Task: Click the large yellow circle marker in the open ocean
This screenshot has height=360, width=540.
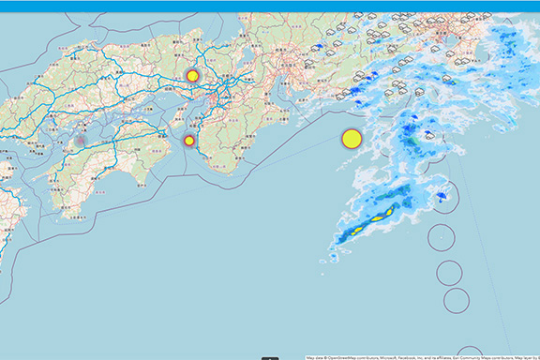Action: [x=352, y=139]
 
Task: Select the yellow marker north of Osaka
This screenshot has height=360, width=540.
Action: [x=192, y=76]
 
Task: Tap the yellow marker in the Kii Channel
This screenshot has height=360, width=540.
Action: [x=189, y=141]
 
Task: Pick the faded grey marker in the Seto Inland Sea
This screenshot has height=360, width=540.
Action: [x=80, y=141]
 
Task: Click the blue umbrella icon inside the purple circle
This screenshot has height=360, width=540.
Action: [x=441, y=196]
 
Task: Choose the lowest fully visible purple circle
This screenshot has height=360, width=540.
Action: [x=457, y=301]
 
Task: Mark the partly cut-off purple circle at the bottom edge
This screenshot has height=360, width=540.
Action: [x=470, y=353]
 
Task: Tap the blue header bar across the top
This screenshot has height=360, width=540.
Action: [x=270, y=6]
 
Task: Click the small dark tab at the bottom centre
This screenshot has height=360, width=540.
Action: [x=270, y=357]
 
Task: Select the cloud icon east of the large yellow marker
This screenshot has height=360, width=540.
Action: [x=428, y=136]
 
